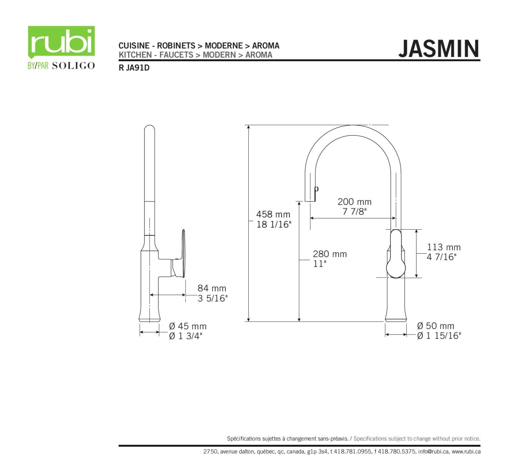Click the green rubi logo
(61, 42)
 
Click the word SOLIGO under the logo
(73, 66)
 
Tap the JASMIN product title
(439, 49)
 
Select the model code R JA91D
(134, 68)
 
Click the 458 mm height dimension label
(273, 214)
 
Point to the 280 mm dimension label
(330, 254)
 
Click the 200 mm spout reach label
(354, 202)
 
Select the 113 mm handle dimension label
(443, 247)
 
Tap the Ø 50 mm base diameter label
(435, 326)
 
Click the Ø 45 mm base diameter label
(188, 326)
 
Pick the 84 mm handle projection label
(212, 288)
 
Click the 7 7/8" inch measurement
(354, 212)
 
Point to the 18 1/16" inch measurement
(273, 224)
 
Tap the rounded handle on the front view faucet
(396, 254)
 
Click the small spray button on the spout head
(317, 190)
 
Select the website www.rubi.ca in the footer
(466, 451)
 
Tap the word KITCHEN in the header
(135, 55)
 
